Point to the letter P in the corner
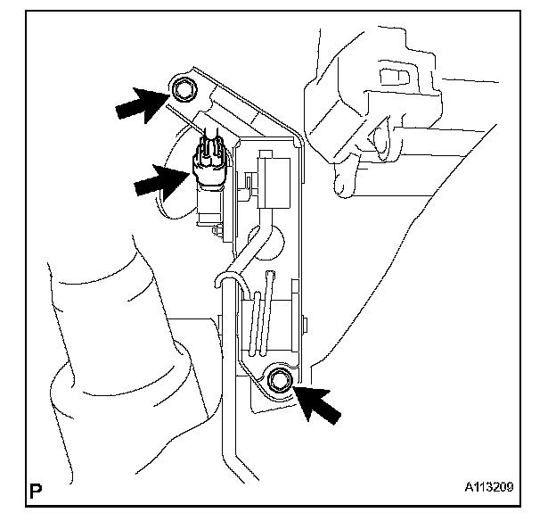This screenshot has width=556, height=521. [37, 490]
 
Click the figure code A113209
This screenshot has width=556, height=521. [488, 489]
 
